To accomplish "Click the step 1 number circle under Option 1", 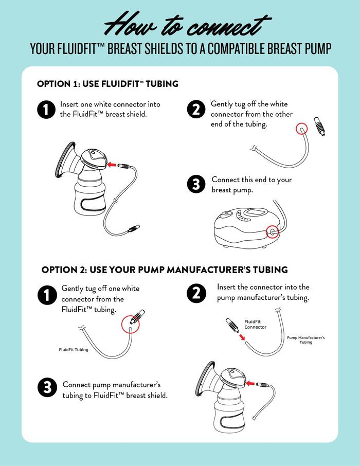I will click(46, 110).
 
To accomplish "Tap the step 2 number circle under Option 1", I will click(196, 110).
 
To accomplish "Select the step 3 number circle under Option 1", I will click(196, 185).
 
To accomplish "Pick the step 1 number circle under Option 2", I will click(47, 295).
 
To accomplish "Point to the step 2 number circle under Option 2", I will click(196, 293).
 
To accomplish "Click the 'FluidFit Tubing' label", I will click(73, 350).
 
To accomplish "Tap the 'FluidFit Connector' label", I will click(255, 324).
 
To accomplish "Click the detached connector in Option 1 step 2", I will click(319, 126).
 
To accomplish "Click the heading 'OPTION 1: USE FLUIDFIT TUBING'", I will click(107, 83).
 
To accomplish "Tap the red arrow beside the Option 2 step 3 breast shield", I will click(250, 383).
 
